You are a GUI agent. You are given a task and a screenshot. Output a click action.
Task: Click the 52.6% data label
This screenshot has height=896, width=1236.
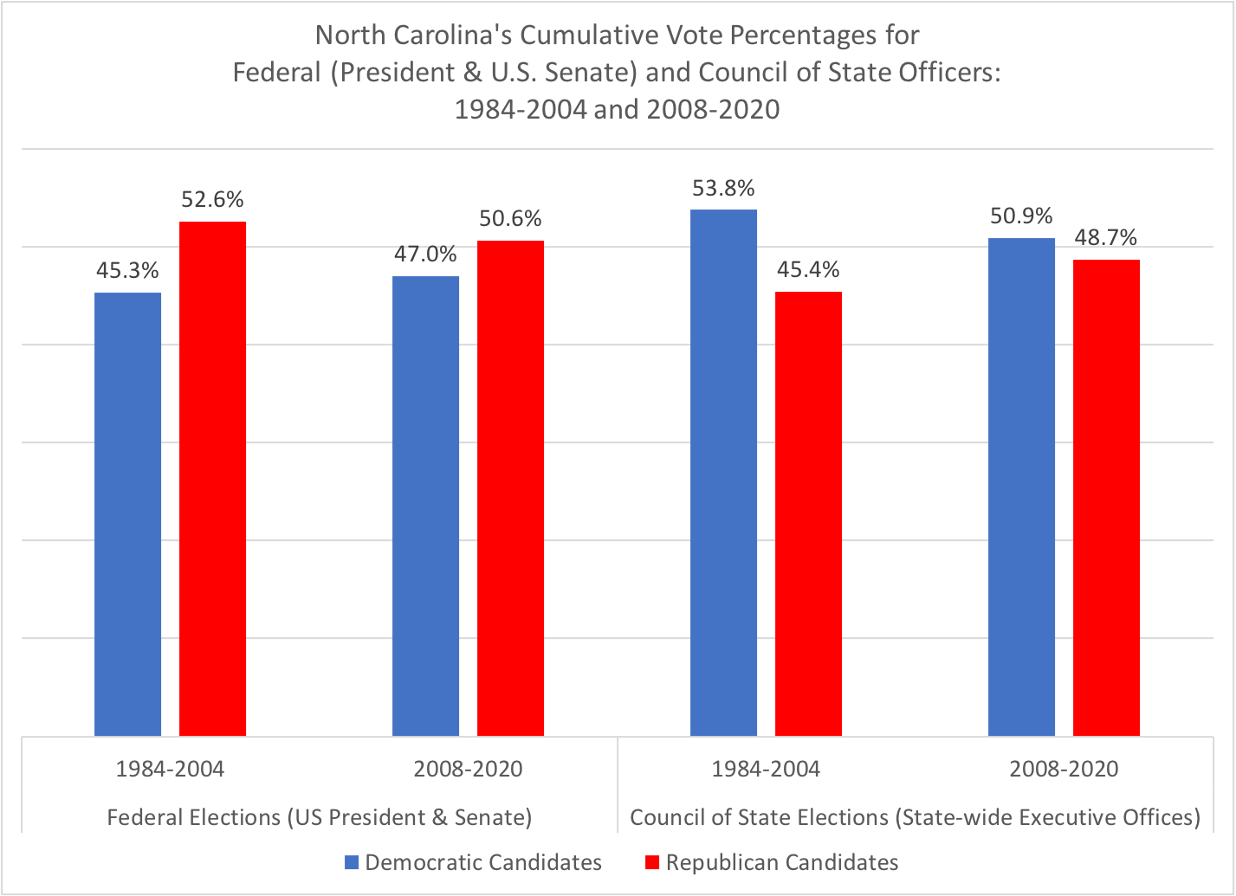[212, 200]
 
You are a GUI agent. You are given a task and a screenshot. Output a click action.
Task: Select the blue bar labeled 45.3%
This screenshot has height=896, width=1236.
[127, 514]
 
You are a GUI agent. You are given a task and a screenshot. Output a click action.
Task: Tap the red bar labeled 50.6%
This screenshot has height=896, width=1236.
[510, 488]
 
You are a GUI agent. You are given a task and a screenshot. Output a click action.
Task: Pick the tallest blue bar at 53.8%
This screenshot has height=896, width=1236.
[723, 473]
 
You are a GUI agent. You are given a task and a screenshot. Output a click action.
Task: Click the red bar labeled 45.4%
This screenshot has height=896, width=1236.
[808, 514]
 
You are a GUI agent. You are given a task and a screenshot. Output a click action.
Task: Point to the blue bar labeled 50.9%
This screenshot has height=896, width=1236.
[1021, 487]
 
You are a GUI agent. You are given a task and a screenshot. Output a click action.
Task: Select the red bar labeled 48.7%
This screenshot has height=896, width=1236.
[1106, 498]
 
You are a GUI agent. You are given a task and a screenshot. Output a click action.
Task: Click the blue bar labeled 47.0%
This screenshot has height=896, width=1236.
[425, 506]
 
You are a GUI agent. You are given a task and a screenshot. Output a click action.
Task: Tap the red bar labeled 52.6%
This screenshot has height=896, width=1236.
[212, 479]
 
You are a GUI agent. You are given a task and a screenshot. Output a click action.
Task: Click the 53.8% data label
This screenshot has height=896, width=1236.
[723, 188]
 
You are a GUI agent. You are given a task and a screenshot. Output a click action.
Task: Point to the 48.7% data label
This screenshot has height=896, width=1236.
[1106, 238]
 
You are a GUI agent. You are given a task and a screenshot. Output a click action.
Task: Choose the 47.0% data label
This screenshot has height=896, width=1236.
[425, 255]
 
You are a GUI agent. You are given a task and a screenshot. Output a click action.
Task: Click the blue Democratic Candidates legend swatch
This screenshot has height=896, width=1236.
[351, 862]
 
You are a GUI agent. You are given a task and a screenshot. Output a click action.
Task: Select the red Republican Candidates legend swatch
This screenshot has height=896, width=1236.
[652, 862]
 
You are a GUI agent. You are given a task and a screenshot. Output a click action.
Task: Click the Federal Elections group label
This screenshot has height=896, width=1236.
[319, 817]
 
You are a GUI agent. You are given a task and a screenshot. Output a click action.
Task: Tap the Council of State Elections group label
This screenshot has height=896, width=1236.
[915, 817]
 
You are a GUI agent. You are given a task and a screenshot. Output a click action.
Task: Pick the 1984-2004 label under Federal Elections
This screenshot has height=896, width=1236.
[170, 769]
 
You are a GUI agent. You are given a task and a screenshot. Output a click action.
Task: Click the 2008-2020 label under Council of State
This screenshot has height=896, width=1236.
[1064, 769]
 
